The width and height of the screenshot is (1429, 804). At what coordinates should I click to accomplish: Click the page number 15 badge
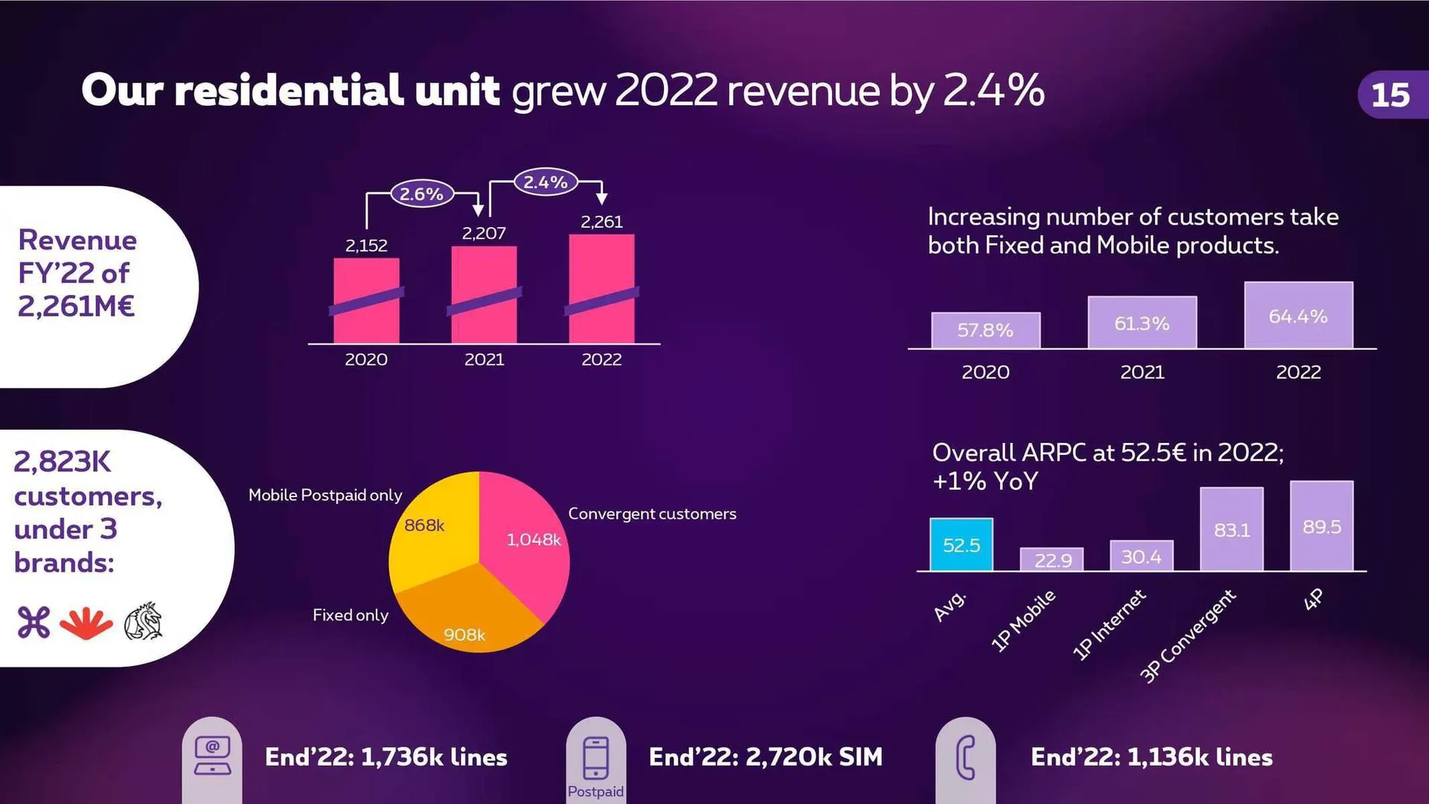coord(1390,95)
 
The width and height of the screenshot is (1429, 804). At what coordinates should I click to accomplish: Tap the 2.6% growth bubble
coord(421,194)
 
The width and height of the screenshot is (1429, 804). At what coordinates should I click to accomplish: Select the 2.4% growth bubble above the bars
coord(545,182)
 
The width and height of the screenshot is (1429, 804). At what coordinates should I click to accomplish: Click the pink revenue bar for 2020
coord(366,301)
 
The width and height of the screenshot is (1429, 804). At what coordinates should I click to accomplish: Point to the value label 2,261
coord(601,221)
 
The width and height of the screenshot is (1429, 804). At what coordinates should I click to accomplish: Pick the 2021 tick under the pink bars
coord(484,360)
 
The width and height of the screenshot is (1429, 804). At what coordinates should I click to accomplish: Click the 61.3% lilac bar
coord(1142,322)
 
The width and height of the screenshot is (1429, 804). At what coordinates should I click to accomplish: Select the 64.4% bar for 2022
coord(1298,316)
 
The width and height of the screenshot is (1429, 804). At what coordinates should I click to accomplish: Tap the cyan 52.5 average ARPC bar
coord(961,544)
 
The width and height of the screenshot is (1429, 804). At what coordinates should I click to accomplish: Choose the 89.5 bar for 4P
coord(1321,526)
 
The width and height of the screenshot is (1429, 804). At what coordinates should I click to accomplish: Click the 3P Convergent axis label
coord(1188,635)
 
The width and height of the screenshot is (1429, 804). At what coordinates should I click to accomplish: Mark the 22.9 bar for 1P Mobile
coord(1052,559)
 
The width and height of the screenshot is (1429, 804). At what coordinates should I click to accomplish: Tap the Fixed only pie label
coord(350,615)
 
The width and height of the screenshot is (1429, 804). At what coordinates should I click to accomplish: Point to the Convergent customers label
coord(652,514)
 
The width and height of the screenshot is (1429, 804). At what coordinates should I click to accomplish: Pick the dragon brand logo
coord(144,622)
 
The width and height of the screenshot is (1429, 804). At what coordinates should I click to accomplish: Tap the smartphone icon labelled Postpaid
coord(595,758)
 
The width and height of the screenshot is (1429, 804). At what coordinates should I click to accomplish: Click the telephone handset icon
coord(965,758)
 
